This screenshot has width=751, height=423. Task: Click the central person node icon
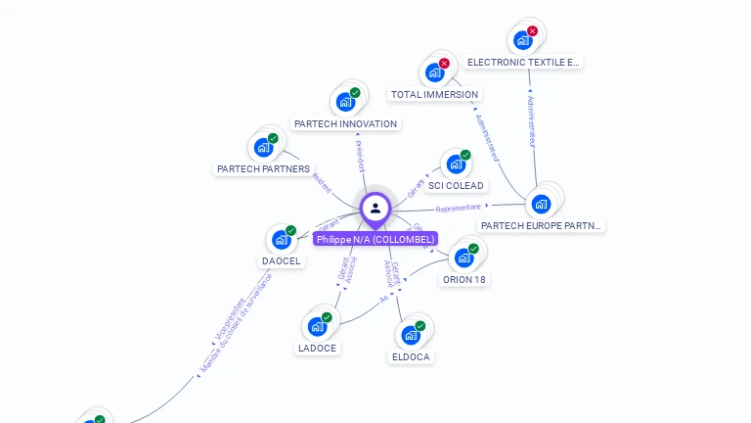375,208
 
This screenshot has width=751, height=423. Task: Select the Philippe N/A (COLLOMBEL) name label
375,239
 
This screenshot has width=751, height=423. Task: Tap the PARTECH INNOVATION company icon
345,101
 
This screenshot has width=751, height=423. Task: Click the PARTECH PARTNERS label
263,169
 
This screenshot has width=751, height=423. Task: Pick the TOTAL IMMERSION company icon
434,72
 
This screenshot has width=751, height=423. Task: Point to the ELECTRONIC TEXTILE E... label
523,62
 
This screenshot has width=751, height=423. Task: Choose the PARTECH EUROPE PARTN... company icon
541,204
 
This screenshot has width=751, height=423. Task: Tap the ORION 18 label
464,280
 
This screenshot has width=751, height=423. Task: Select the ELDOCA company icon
411,335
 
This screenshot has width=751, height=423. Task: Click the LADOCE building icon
317,326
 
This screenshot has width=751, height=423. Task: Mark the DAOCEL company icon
282,239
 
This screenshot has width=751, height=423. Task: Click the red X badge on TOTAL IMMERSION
445,64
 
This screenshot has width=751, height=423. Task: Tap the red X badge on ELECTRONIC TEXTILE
533,31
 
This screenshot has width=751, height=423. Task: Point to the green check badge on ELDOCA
420,326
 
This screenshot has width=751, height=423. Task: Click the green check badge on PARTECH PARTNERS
273,138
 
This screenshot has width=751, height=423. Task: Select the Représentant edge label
458,209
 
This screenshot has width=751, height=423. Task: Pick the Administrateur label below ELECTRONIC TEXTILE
530,120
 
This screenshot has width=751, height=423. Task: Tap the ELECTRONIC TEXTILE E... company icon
522,40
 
